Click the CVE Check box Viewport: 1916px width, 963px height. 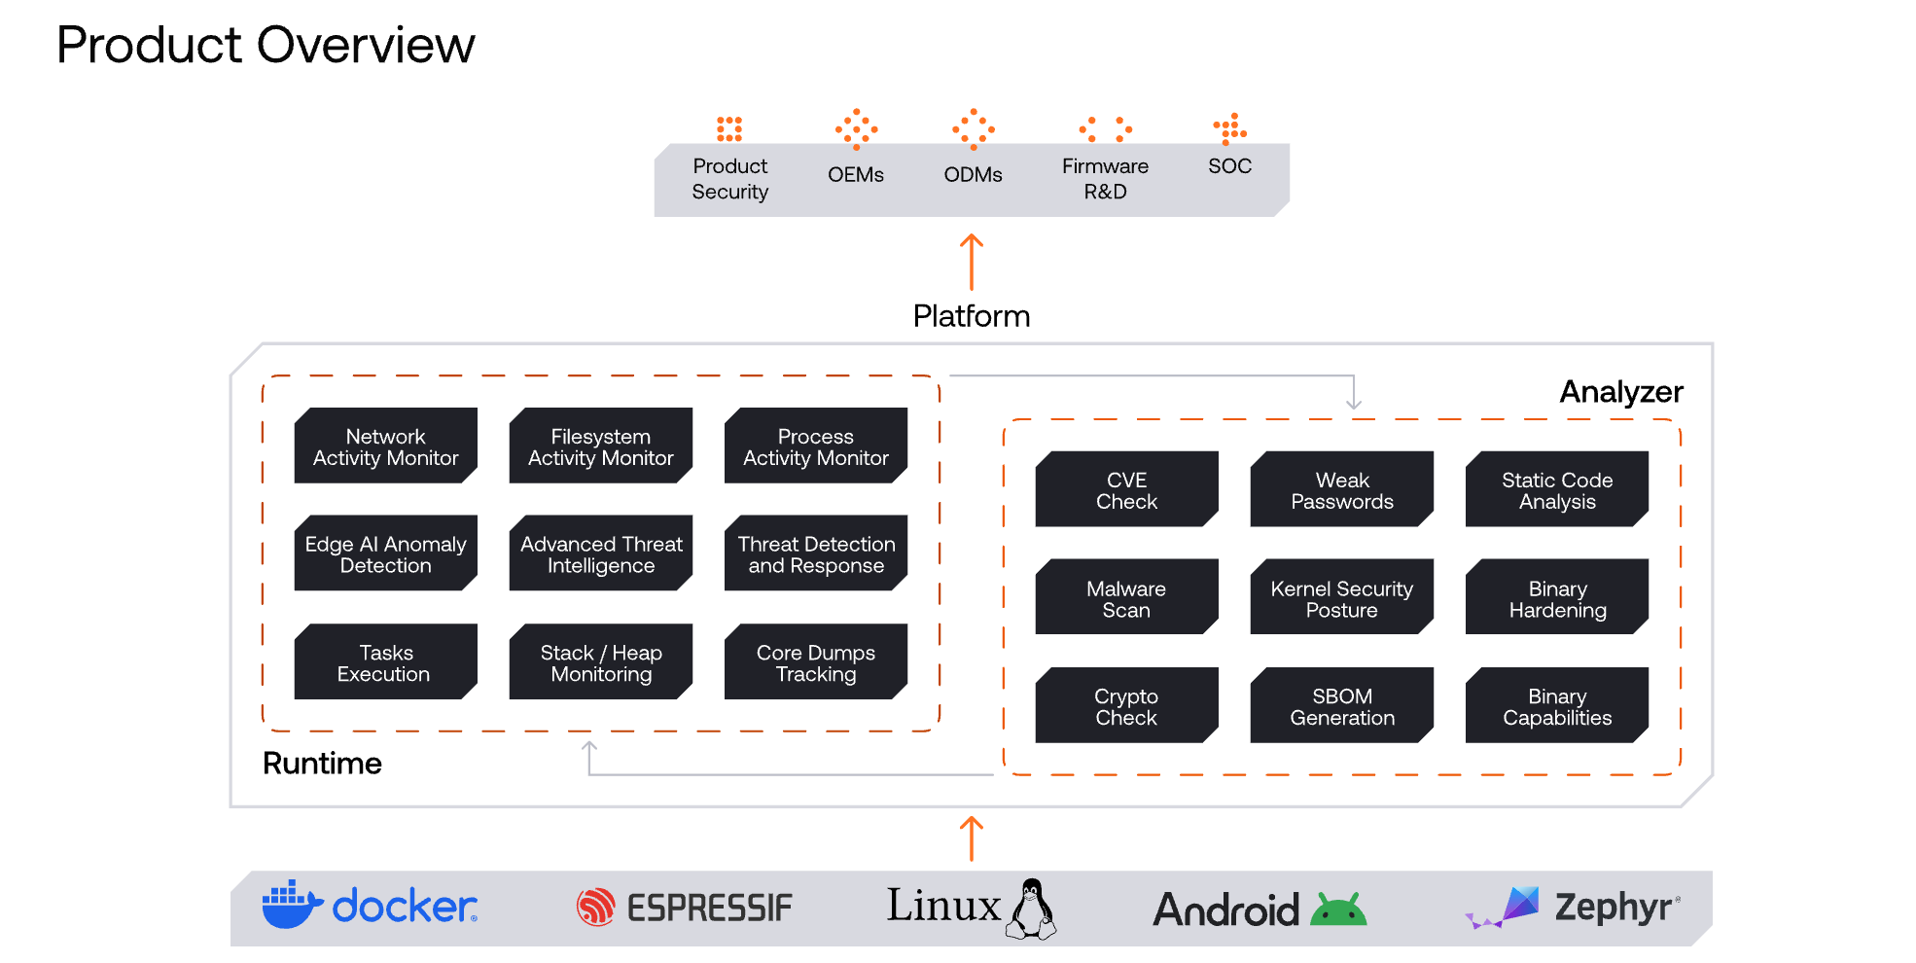click(1126, 489)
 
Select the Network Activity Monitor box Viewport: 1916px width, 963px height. click(385, 446)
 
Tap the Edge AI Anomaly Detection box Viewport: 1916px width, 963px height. click(385, 553)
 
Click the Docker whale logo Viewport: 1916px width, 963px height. click(291, 905)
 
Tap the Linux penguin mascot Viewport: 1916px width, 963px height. click(1032, 909)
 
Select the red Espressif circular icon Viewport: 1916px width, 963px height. click(595, 907)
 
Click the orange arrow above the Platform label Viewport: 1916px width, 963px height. click(972, 261)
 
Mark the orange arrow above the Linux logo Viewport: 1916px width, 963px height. click(972, 838)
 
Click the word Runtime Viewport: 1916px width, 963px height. click(322, 763)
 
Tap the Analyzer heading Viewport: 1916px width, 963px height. click(1620, 391)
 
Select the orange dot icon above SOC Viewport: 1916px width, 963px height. click(1229, 128)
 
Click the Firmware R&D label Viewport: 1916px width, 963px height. click(1105, 178)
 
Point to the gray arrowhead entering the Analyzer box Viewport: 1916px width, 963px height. click(1353, 402)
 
